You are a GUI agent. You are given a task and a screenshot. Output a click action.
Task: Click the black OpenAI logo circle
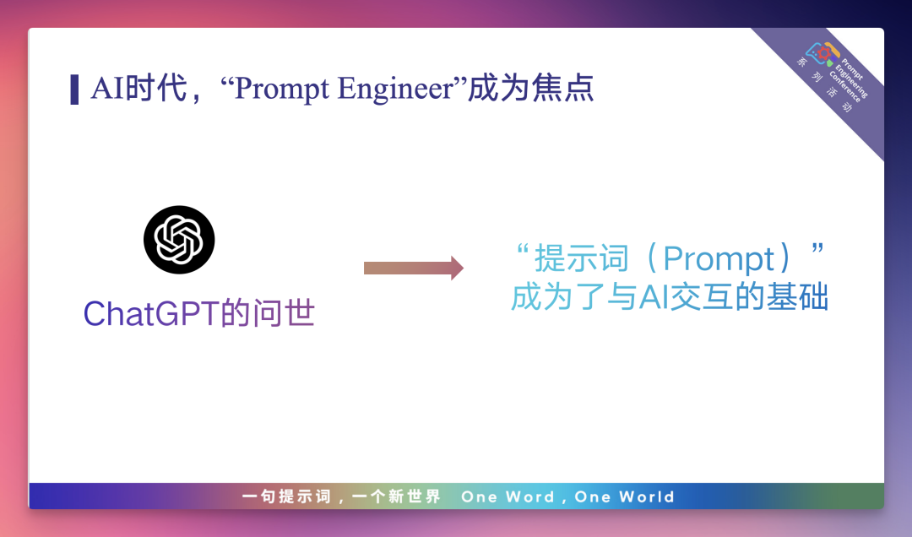point(179,240)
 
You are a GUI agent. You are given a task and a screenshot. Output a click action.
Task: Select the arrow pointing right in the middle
point(414,268)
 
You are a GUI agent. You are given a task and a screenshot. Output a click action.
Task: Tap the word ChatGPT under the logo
point(151,313)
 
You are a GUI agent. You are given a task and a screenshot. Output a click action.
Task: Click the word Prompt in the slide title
point(282,89)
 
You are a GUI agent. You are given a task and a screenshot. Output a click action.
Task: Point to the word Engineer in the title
point(395,89)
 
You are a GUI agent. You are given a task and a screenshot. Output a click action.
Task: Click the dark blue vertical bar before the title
point(74,89)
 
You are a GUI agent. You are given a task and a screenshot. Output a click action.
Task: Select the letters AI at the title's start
point(107,89)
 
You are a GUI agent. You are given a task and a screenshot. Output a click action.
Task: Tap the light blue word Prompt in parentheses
point(719,258)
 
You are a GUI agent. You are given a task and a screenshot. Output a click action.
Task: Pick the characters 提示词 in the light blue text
point(582,258)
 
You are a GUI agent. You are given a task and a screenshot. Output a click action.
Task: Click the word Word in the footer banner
point(529,496)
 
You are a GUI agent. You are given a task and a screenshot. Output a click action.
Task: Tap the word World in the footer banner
point(646,496)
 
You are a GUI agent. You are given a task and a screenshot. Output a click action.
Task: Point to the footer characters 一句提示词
point(286,496)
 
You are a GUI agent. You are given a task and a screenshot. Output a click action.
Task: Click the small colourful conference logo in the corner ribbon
point(822,53)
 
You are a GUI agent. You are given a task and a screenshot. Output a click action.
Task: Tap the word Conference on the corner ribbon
point(844,87)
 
